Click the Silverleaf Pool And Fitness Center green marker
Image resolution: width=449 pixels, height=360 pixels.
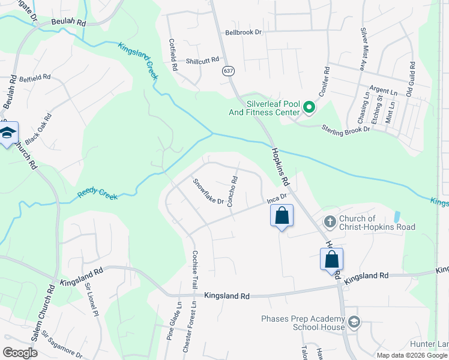310,108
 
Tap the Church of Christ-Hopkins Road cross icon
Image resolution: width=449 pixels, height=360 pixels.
330,222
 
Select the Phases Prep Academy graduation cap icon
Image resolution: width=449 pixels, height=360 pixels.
354,322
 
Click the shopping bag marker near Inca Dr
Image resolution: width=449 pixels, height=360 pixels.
282,216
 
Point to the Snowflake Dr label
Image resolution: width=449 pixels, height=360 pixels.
208,190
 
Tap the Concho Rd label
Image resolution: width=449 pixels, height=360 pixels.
233,191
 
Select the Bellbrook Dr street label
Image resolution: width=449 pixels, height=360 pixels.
244,32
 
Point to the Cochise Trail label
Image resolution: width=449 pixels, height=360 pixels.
194,269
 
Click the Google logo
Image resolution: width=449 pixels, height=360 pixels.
20,353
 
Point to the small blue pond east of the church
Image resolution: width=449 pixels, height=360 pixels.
396,217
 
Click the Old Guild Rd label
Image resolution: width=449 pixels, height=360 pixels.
411,80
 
